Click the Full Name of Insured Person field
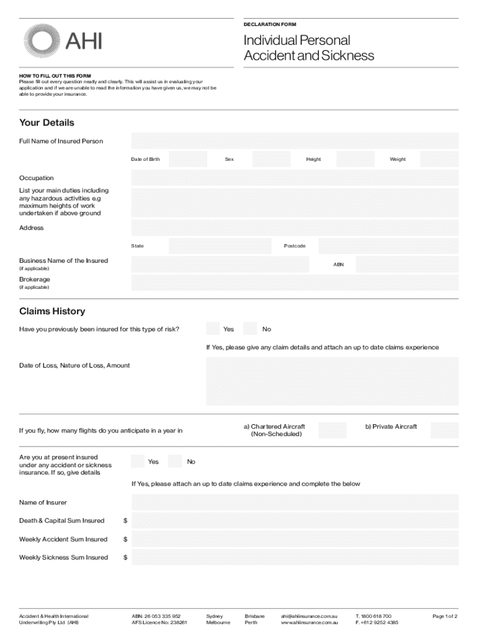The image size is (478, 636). tap(294, 141)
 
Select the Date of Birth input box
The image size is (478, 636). tap(188, 160)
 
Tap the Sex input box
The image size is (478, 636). tap(271, 160)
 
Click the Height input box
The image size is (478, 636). tap(355, 160)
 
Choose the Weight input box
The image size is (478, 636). tap(439, 160)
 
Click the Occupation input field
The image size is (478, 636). tap(294, 178)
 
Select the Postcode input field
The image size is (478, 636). tap(388, 246)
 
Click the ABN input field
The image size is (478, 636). tap(407, 265)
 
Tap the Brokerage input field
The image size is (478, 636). tap(294, 283)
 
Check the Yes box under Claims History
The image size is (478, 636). tap(213, 329)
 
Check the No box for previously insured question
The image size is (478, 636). tap(250, 329)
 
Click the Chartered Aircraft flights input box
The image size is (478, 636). tap(332, 430)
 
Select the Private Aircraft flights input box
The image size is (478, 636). tap(444, 430)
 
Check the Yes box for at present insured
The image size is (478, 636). tap(138, 461)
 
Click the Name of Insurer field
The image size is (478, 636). tap(294, 502)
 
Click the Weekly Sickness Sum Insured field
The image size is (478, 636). tap(294, 557)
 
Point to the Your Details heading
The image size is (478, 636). tap(47, 123)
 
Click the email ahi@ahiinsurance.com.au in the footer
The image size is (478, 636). tap(309, 616)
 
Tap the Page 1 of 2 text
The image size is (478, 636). tap(444, 616)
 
